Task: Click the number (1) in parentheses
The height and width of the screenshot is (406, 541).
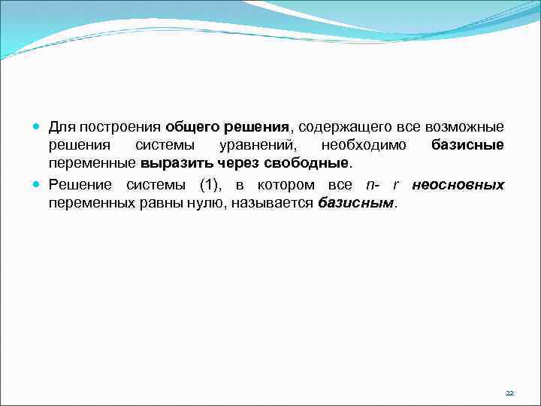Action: coord(210,185)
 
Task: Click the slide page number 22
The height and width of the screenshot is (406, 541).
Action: coord(509,393)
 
